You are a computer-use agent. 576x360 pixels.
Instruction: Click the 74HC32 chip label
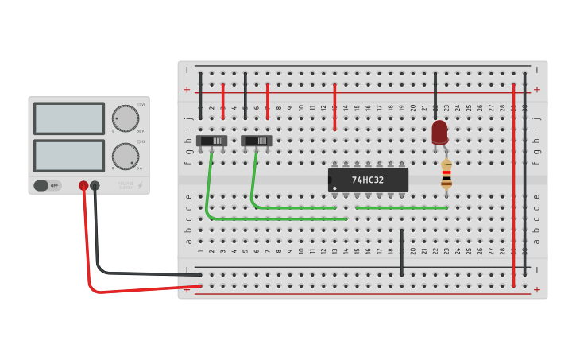tap(368, 180)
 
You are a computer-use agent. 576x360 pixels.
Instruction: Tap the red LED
tap(439, 132)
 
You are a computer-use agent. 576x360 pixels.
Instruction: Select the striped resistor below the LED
tap(446, 174)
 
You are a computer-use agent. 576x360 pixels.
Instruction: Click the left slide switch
tap(211, 141)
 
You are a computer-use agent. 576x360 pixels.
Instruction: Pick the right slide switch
tap(257, 141)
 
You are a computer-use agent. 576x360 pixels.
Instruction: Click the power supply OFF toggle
tap(47, 185)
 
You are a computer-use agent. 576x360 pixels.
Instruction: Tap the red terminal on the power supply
tap(83, 185)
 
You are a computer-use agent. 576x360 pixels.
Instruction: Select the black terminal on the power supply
tap(95, 185)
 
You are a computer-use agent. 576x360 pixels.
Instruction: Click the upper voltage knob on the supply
tap(125, 118)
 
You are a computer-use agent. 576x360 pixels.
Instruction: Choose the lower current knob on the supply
tap(125, 157)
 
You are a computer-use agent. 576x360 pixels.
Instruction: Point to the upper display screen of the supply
tap(69, 118)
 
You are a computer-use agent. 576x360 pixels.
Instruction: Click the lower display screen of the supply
tap(69, 156)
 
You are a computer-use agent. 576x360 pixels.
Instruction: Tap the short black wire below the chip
tap(402, 253)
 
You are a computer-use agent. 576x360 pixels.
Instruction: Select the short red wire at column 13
tap(334, 107)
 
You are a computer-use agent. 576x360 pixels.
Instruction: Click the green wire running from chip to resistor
tap(401, 207)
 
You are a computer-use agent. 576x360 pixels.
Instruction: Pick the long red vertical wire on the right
tap(513, 183)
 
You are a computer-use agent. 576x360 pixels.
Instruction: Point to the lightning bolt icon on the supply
tap(141, 186)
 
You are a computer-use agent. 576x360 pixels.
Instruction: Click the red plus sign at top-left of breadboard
tap(187, 90)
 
